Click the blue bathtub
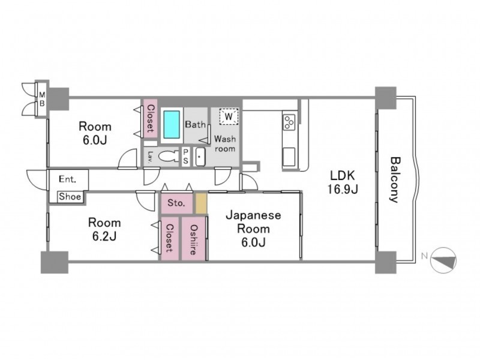172,125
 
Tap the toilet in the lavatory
168,156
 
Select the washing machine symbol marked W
229,116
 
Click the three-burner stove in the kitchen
289,122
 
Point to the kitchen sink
289,157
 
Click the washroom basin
200,157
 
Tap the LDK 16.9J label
343,182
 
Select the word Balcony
395,180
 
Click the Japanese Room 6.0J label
253,229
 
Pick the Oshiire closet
193,238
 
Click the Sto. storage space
177,203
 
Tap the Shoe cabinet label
70,197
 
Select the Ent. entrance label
68,179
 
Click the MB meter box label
42,99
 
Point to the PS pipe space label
185,157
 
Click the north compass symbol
443,260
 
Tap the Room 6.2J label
104,229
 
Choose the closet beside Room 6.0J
151,118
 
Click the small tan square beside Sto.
201,203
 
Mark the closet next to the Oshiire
170,238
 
